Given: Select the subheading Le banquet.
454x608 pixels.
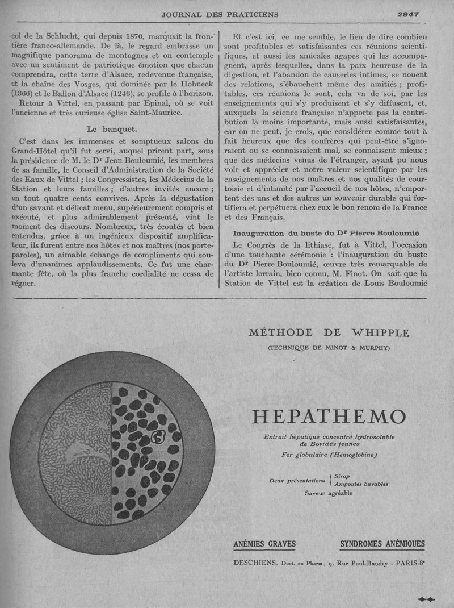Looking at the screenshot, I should click(111, 128).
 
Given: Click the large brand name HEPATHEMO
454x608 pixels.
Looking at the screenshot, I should click(329, 417).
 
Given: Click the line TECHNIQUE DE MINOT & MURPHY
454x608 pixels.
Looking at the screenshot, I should click(329, 348).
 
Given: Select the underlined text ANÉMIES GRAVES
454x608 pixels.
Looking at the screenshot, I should click(264, 544).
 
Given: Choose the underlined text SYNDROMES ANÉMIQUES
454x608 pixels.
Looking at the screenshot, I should click(382, 544).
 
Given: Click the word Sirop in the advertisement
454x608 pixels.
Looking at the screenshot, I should click(342, 476).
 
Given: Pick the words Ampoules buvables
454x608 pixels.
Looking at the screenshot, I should click(361, 484).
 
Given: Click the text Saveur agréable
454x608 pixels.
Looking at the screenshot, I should click(329, 493).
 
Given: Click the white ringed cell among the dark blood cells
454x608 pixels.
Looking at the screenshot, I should click(159, 438).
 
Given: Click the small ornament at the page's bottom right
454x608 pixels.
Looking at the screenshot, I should click(426, 598).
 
